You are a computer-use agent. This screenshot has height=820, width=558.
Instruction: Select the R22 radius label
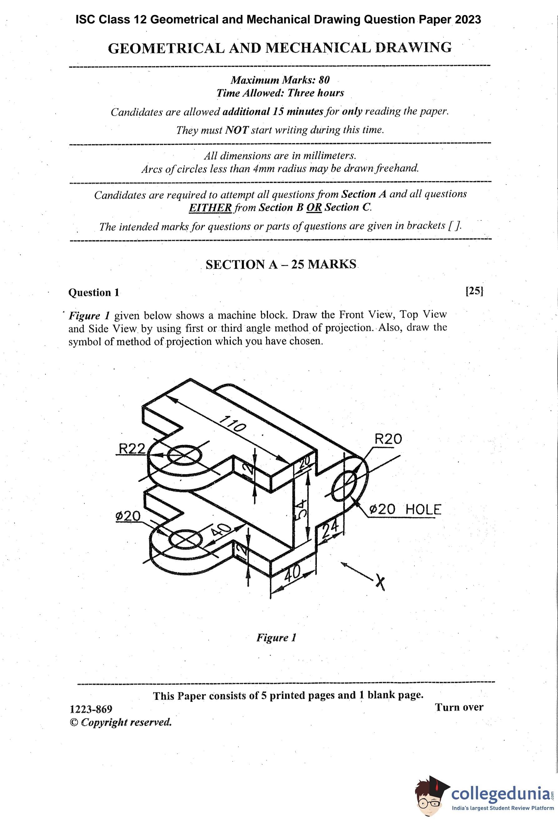pos(132,448)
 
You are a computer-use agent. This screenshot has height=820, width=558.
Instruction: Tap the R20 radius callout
pos(388,439)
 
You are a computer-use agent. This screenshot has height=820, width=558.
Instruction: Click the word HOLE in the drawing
pos(423,510)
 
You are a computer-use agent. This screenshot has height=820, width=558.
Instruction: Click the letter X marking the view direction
pos(380,581)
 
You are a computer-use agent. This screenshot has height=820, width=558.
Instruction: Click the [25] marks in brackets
pos(474,291)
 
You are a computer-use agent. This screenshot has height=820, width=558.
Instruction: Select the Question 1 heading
pos(94,293)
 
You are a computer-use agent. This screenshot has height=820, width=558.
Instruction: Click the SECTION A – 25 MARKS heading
pos(281,264)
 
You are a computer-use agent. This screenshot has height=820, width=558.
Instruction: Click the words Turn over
pos(459,707)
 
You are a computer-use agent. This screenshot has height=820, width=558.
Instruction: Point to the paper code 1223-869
pos(91,709)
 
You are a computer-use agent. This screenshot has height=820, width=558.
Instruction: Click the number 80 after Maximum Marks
pos(324,80)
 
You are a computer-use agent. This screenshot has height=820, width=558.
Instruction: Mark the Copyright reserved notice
pos(121,722)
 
